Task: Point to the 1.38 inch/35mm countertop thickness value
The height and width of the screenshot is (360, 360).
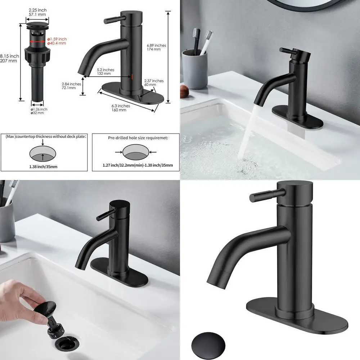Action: pyautogui.click(x=44, y=166)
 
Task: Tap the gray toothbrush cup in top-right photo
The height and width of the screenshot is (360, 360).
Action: pyautogui.click(x=194, y=68)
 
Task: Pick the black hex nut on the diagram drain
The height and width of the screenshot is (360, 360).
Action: pyautogui.click(x=36, y=55)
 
